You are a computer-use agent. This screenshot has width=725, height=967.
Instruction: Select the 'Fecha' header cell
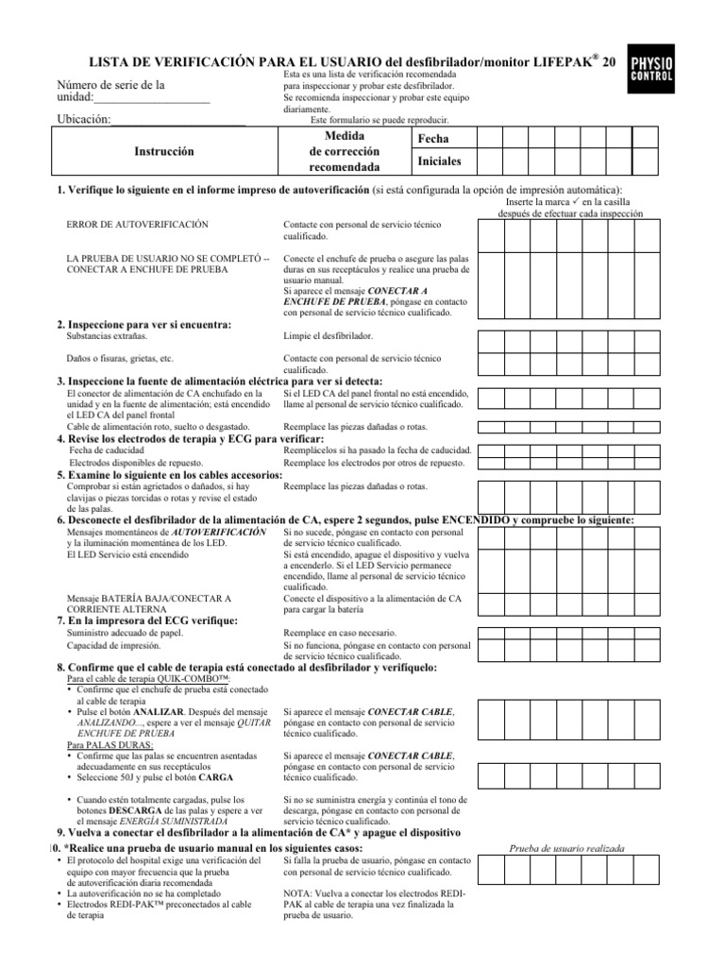pos(433,139)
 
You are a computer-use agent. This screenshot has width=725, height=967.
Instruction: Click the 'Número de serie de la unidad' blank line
pos(151,98)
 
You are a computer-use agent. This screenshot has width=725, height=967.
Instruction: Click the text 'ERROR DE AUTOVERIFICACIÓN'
pos(138,225)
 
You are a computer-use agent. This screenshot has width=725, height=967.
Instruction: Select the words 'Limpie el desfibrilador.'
pos(329,336)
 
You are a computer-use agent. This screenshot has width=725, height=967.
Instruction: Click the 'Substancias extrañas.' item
pos(108,336)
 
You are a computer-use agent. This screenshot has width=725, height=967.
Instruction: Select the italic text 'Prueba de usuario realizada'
pos(567,849)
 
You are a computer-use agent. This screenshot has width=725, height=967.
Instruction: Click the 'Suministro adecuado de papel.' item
pos(125,633)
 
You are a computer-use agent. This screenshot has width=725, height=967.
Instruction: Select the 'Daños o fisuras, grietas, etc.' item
pos(120,359)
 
